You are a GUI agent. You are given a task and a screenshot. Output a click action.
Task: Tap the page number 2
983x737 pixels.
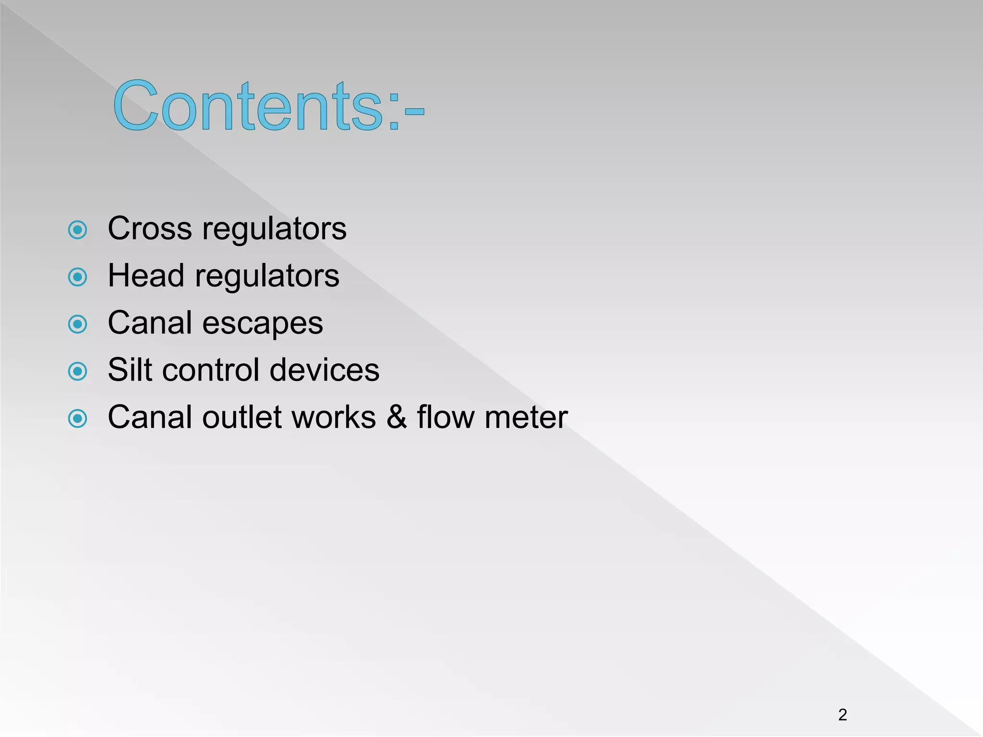(842, 714)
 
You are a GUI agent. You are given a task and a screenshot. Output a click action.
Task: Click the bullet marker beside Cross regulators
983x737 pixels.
(78, 230)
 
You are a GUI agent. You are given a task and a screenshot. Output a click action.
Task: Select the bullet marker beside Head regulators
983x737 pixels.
(78, 277)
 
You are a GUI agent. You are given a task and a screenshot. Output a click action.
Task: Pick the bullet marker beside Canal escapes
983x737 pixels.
(78, 324)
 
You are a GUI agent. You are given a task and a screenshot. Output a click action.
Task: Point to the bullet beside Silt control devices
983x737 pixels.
(78, 371)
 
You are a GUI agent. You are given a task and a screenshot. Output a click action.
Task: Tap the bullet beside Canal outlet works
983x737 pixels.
(78, 418)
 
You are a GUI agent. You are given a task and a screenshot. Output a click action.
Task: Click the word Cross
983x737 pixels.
(150, 228)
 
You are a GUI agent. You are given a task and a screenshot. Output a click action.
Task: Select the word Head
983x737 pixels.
(146, 276)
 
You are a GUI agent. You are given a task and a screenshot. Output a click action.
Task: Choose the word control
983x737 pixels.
(211, 370)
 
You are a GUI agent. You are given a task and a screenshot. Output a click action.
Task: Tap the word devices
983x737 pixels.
(324, 370)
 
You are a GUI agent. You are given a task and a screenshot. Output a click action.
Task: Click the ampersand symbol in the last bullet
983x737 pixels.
(396, 417)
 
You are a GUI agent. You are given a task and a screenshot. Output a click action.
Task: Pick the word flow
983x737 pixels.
(446, 417)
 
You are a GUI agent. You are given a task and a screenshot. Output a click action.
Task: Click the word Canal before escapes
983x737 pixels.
(150, 323)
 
